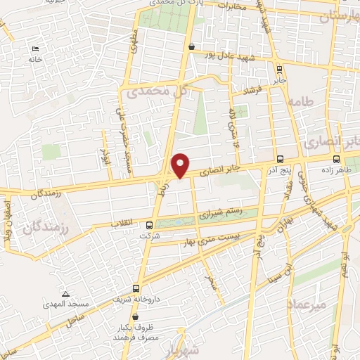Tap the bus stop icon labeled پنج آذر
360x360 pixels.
(281, 159)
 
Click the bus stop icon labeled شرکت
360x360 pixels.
(148, 226)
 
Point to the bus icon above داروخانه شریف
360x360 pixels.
(136, 288)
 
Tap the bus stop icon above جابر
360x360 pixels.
(281, 69)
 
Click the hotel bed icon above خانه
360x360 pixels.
(35, 49)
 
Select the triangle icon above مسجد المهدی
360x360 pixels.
(65, 294)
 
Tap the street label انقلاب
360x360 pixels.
(124, 224)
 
